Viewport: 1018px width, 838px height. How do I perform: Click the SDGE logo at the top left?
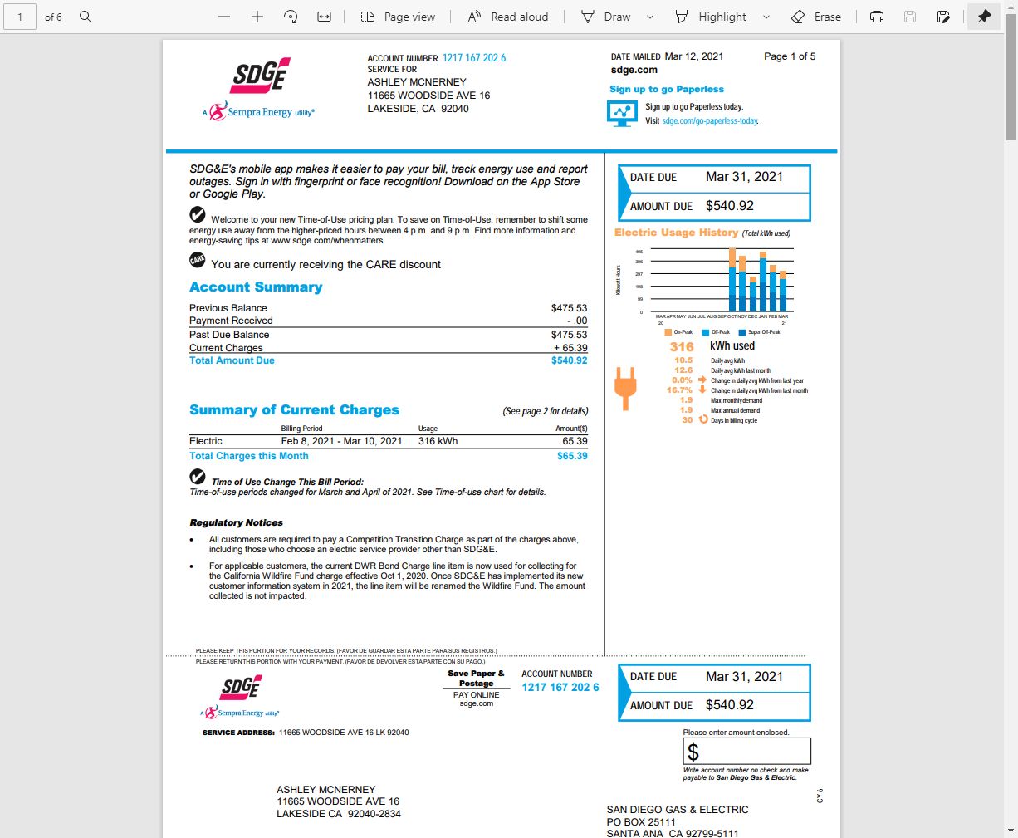(x=260, y=76)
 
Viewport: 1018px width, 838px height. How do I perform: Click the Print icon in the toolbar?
(x=877, y=17)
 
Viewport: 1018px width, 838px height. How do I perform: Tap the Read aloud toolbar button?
(x=508, y=17)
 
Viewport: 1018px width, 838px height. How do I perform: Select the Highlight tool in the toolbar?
(x=712, y=17)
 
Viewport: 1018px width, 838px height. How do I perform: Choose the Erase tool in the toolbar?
(x=816, y=17)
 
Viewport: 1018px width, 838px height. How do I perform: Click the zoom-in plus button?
(x=257, y=17)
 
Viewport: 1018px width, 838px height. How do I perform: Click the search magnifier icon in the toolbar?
(x=86, y=17)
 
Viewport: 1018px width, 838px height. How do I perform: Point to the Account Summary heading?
(x=256, y=287)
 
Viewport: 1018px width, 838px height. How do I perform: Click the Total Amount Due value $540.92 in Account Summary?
(x=569, y=360)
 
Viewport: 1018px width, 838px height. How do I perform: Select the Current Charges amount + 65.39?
(x=570, y=348)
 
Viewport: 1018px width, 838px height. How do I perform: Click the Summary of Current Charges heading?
(x=294, y=410)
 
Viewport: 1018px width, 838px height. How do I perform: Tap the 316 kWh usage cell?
(x=438, y=441)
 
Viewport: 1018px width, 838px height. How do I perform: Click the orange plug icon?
(x=625, y=388)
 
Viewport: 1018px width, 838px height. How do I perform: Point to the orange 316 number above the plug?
(x=681, y=347)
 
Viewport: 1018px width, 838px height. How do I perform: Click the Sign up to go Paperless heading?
(x=667, y=89)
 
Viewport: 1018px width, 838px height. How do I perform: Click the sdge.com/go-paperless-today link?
(x=710, y=121)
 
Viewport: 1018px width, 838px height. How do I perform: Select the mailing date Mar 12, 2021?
(x=694, y=56)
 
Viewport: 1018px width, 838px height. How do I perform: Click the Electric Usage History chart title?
(x=676, y=233)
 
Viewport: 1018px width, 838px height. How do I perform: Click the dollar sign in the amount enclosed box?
(x=693, y=752)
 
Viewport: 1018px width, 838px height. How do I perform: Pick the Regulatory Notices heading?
(x=236, y=522)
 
